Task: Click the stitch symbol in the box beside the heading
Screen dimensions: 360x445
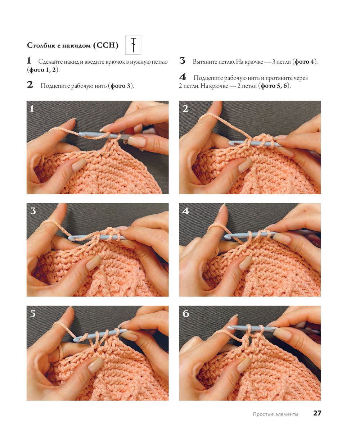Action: coord(133,45)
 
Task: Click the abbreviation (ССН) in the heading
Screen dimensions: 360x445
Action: coord(106,45)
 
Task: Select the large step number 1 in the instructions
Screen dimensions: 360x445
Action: coord(29,60)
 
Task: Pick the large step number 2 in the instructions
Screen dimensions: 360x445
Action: coord(30,85)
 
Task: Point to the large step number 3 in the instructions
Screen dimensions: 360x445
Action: coord(182,60)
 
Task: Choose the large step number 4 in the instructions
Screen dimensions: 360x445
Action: coord(183,77)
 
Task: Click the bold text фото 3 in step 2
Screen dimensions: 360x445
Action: coord(120,86)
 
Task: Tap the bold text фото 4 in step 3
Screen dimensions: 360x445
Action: coord(305,62)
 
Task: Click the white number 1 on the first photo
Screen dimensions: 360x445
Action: coord(32,109)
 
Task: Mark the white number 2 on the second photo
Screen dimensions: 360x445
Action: coord(185,109)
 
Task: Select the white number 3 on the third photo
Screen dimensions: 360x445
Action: coord(33,211)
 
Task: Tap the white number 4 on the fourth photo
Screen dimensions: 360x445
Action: coord(185,211)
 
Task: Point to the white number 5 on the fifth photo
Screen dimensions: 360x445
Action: coord(33,314)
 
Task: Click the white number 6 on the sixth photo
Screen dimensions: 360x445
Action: coord(186,314)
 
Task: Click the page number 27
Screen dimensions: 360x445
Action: coord(317,413)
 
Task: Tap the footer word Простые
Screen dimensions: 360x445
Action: coord(263,414)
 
